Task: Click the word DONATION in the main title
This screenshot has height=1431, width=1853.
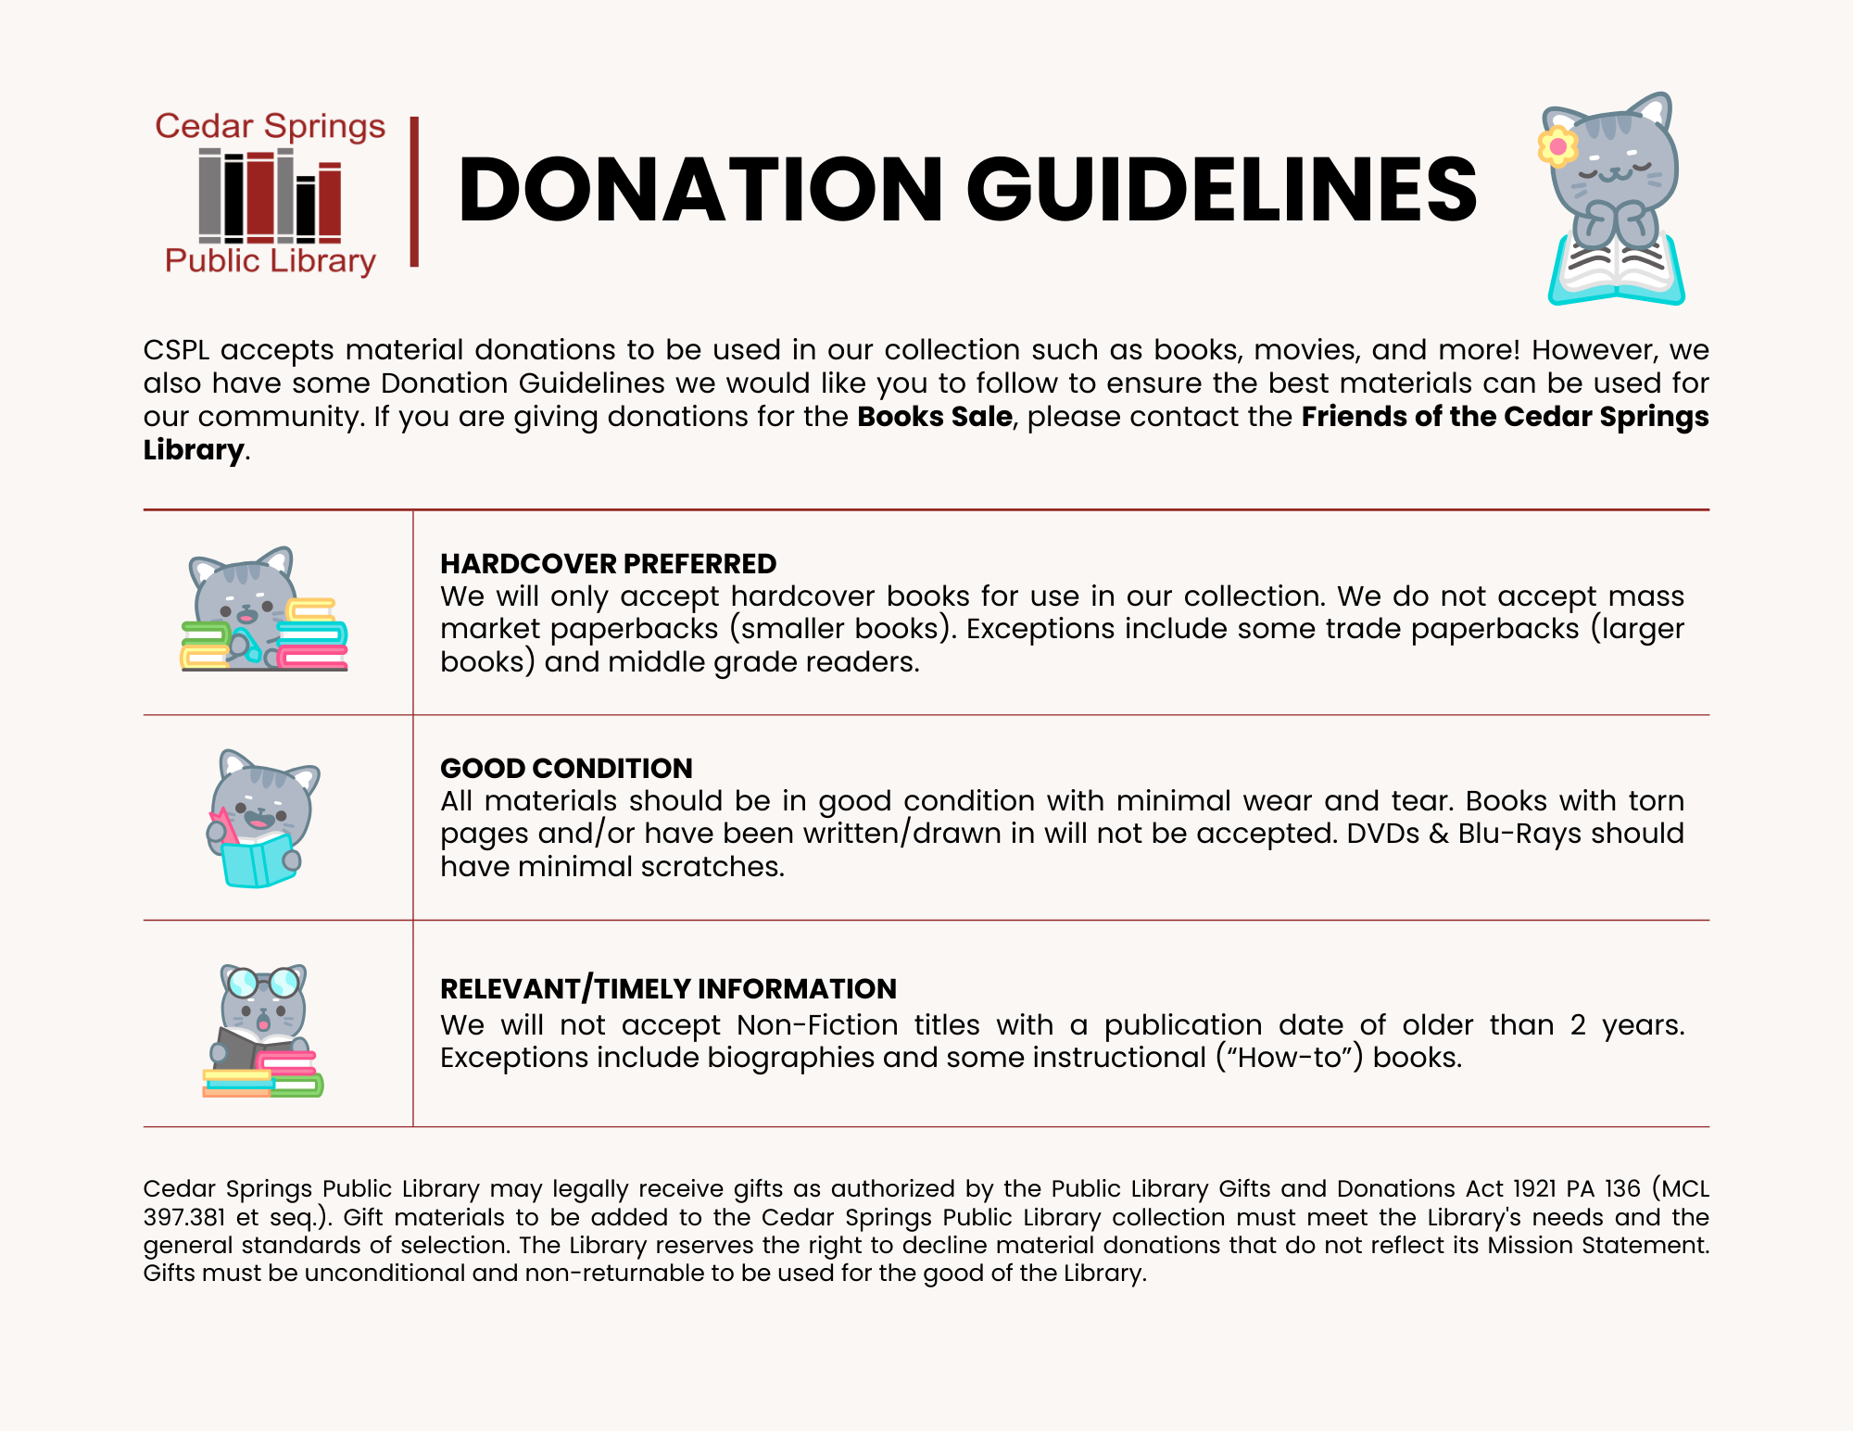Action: click(700, 190)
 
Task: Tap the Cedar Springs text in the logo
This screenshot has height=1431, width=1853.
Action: click(270, 126)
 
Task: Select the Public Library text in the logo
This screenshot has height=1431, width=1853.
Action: click(270, 261)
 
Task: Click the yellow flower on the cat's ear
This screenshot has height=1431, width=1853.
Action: click(1557, 146)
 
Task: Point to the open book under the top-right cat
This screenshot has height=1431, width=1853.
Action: click(1617, 273)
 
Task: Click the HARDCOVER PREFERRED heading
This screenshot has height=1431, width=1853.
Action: click(608, 563)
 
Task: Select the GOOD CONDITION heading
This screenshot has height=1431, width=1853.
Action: click(566, 768)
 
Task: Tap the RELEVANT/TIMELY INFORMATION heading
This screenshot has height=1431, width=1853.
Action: click(668, 988)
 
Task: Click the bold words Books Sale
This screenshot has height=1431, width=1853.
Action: click(934, 417)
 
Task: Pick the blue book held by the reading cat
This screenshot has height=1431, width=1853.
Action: click(256, 861)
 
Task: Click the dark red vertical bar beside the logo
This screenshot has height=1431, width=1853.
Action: click(414, 192)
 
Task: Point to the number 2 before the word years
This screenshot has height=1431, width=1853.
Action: click(1578, 1025)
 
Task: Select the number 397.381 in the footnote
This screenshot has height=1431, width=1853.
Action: click(184, 1217)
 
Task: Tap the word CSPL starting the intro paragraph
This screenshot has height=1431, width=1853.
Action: click(176, 350)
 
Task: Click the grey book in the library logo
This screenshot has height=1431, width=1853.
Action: click(210, 195)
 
